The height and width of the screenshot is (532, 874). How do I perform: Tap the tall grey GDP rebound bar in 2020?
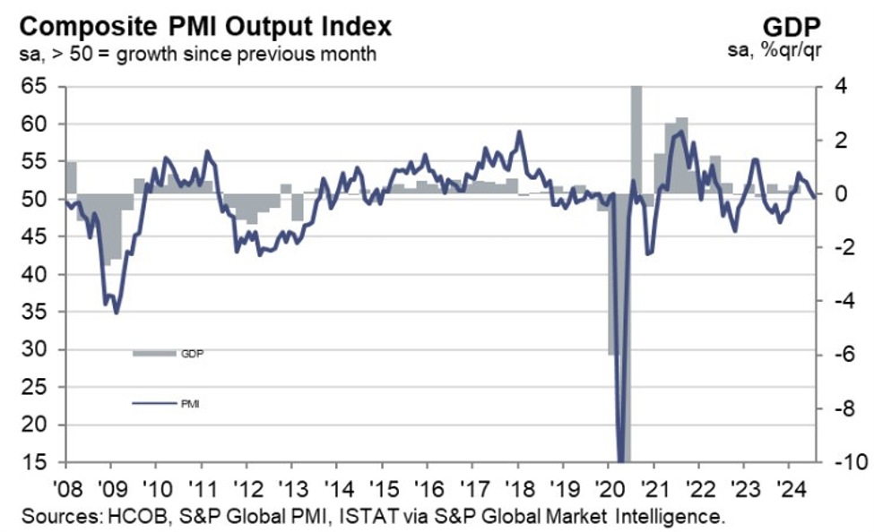636,134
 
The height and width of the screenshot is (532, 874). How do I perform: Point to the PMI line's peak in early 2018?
519,132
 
